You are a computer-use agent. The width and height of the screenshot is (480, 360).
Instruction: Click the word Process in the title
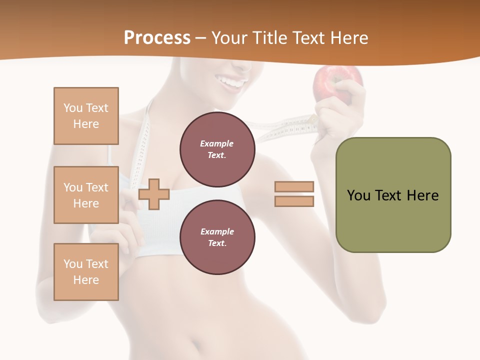coord(157,38)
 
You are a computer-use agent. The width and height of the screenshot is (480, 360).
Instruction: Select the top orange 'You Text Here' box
coord(86,116)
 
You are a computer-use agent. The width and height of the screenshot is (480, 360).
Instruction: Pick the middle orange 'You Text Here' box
coord(86,195)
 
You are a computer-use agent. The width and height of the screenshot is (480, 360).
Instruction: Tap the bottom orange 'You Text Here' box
coord(86,272)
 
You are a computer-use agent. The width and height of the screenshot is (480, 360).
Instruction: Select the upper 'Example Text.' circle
coord(217,149)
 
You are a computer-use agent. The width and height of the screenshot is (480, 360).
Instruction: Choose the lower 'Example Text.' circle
coord(217,237)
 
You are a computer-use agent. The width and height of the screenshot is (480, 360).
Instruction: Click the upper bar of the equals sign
coord(294,187)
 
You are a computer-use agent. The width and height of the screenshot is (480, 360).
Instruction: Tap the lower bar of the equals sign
coord(294,201)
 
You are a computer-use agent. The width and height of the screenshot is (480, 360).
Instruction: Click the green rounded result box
coord(393,195)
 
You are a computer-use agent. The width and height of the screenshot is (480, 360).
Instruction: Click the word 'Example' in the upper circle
coord(216,143)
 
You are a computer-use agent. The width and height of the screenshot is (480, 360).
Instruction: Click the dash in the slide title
coord(201,38)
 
